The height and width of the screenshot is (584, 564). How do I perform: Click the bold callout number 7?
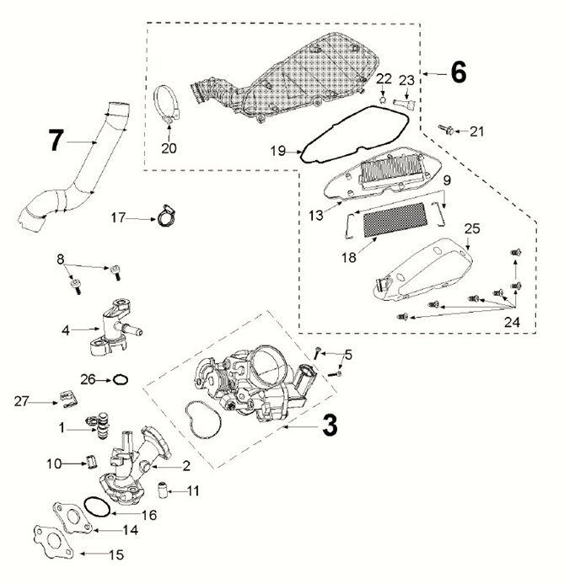coord(56,140)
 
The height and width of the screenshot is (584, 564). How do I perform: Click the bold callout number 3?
coord(330,426)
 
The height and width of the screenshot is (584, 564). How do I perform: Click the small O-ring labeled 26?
coord(121,379)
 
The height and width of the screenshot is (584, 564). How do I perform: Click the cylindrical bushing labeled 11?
coord(165,490)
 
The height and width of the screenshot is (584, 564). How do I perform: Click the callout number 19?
coord(278,152)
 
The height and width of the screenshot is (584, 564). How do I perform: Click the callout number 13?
coord(313,216)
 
